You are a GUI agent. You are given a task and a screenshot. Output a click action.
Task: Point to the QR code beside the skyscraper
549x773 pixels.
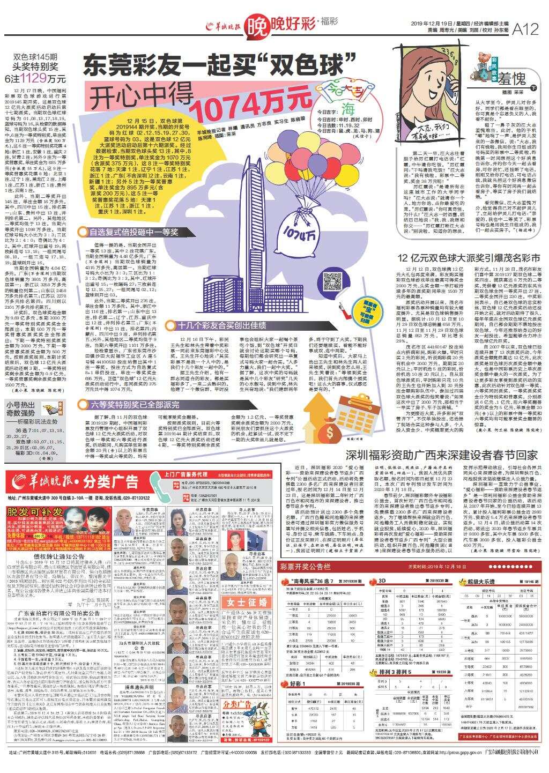[x=331, y=281]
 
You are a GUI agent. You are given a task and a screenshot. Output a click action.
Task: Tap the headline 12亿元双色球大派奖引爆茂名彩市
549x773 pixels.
[x=472, y=258]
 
